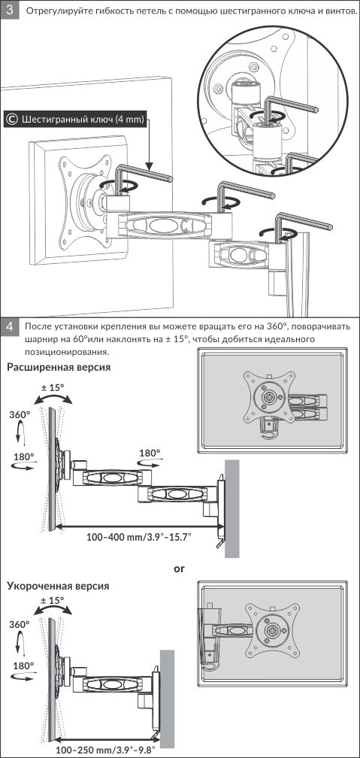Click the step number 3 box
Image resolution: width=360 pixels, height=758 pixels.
10,11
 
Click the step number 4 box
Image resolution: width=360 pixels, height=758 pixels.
10,327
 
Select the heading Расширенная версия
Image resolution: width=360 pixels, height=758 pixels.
59,368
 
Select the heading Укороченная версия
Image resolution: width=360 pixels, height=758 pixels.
58,586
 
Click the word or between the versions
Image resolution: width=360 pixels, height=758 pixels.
180,568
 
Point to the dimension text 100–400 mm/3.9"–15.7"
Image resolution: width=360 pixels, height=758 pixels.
139,536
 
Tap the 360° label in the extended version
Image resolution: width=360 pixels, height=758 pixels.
20,414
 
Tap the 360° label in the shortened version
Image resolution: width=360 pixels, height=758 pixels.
20,625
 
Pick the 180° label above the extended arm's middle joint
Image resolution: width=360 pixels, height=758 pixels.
150,453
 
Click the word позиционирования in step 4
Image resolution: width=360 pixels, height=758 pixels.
65,350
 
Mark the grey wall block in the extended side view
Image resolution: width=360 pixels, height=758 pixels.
232,508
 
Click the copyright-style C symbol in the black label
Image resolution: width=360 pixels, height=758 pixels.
13,119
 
